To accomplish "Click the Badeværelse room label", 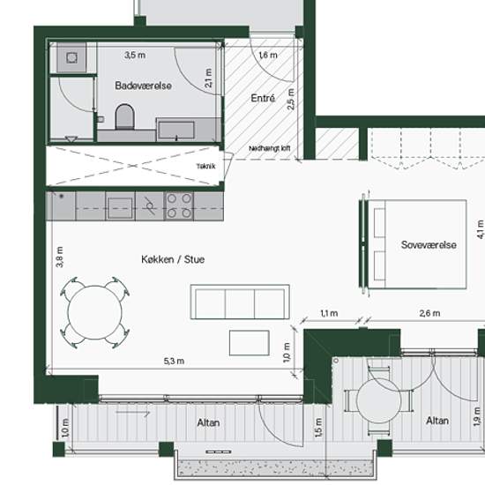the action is coord(143,86).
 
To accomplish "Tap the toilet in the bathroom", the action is coord(124,117).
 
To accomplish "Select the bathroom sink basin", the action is coord(176,130).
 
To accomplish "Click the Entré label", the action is coord(263,99).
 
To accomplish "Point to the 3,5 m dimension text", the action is coord(135,55).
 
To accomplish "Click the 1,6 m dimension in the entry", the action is coord(268,55).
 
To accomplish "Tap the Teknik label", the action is coord(206,167).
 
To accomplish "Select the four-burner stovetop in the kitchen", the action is coord(179,206).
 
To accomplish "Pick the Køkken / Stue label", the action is coord(173,259).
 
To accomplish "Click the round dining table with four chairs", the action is coord(95,312).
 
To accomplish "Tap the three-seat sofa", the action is coord(240,302).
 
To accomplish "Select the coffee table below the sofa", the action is coord(250,343).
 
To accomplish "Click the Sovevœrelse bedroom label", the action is coord(429,244).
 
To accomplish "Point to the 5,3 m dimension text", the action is coord(174,361).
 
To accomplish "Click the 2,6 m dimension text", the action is coord(429,313).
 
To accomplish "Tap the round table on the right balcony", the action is coord(378,401).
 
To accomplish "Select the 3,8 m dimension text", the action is coord(60,257).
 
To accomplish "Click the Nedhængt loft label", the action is coord(270,148).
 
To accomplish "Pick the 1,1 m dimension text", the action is coord(329,313).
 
